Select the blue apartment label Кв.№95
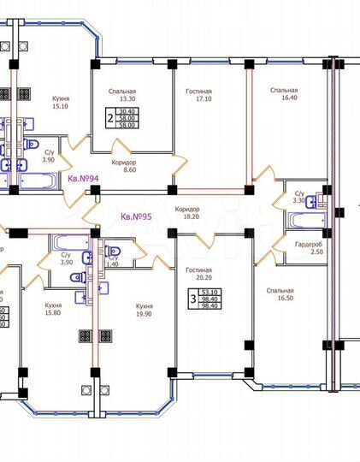click(137, 216)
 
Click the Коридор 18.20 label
click(187, 214)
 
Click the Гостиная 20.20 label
click(198, 274)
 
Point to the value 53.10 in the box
click(208, 292)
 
